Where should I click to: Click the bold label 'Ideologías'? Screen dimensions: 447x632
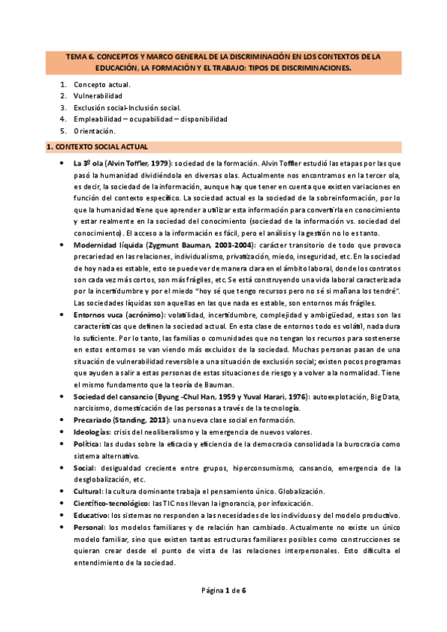point(92,432)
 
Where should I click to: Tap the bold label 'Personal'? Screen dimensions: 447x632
point(90,528)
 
